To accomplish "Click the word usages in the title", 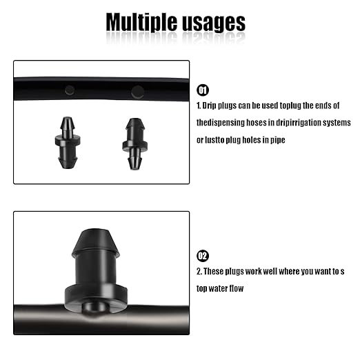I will [x=210, y=23].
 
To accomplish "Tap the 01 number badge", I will [x=203, y=90].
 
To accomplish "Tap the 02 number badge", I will [x=203, y=256].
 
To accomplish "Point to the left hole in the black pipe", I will [x=70, y=88].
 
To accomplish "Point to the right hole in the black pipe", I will [x=137, y=90].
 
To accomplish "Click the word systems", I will [x=338, y=123].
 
